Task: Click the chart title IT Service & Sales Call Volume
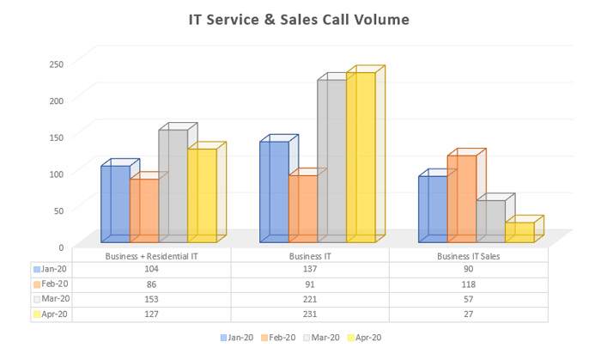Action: [x=299, y=20]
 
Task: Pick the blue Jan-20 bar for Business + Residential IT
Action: [x=115, y=204]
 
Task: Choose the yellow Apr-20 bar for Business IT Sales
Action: [x=519, y=232]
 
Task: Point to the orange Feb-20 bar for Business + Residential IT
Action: [x=144, y=211]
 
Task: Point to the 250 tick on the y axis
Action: [x=56, y=64]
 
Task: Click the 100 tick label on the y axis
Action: [x=56, y=174]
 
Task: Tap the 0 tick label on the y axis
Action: [x=60, y=247]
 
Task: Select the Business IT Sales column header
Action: [x=468, y=256]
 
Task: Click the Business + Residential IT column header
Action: [x=151, y=256]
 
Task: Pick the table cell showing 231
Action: [x=310, y=314]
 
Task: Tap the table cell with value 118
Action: [x=468, y=284]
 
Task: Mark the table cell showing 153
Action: [x=151, y=299]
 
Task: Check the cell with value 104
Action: [x=151, y=269]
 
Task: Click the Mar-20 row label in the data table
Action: [x=53, y=299]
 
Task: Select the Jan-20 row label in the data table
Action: [x=53, y=269]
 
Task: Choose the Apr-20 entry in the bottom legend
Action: [x=364, y=338]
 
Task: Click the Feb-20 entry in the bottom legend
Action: [x=278, y=338]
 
